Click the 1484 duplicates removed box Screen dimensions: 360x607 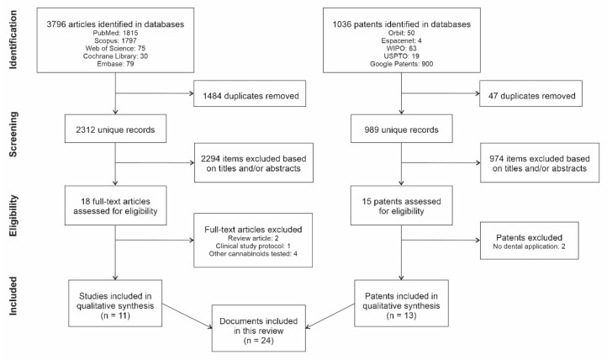[x=247, y=97]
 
